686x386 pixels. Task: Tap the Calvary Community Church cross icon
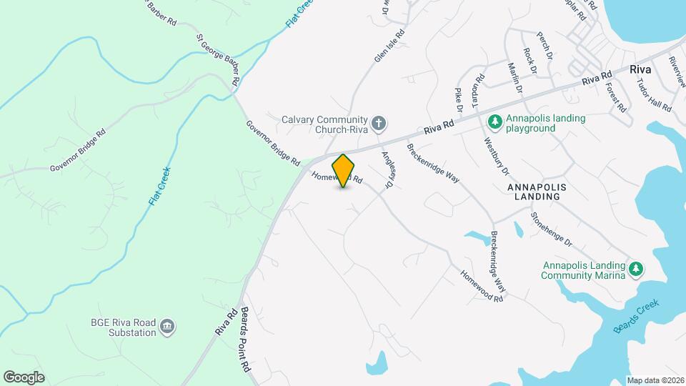click(x=379, y=124)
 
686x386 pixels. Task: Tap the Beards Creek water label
click(x=636, y=315)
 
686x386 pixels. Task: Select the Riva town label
click(x=640, y=70)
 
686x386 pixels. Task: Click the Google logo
click(x=24, y=377)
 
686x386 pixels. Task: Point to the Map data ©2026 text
click(x=655, y=380)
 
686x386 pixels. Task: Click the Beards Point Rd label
click(x=245, y=339)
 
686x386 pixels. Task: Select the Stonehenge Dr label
click(x=552, y=229)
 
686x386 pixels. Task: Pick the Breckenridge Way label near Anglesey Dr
click(x=433, y=164)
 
